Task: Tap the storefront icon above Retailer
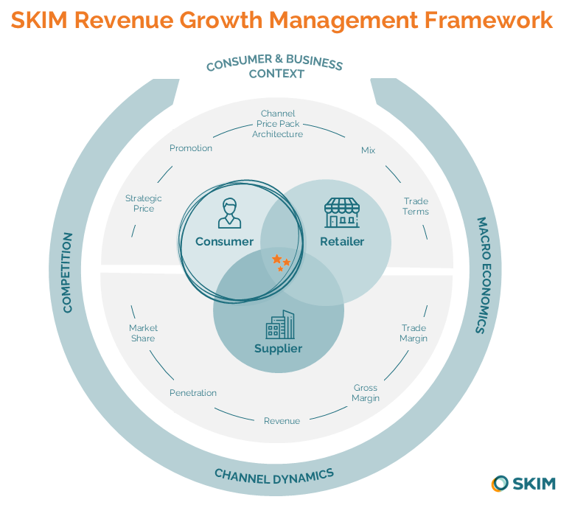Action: [342, 212]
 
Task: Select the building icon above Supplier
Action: [279, 324]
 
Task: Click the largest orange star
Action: [276, 260]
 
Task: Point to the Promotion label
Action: [191, 148]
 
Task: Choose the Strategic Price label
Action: [144, 203]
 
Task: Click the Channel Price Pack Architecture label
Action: [278, 124]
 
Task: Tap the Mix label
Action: [368, 150]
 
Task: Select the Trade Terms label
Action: [416, 206]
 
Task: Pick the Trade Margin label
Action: [414, 333]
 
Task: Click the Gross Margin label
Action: [366, 393]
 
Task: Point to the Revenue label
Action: [282, 421]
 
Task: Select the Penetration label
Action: [193, 393]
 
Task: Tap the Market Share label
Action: [143, 333]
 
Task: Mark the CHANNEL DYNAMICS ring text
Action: [274, 475]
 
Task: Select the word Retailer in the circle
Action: [342, 242]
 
